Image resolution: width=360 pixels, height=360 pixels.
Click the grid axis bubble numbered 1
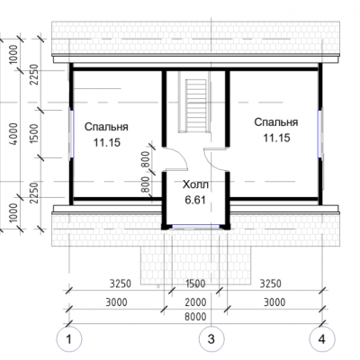[x=69, y=339]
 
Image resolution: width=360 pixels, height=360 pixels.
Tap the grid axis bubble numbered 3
[x=211, y=339]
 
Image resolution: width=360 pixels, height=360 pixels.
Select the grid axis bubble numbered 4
[x=322, y=339]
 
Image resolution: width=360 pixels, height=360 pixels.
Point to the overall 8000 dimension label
[x=195, y=317]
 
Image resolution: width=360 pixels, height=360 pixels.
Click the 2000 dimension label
[x=195, y=302]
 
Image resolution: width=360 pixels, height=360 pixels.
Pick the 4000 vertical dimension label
[x=14, y=134]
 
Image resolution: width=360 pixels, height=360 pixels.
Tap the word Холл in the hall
[x=195, y=184]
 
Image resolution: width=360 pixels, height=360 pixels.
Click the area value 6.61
[x=195, y=200]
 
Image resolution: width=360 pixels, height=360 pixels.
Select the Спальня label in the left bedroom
[x=106, y=127]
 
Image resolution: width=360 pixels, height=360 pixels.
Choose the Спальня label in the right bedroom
[x=276, y=122]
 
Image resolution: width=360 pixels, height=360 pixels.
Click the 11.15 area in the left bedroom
[x=107, y=142]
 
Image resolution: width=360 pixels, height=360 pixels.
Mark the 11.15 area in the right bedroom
[x=276, y=138]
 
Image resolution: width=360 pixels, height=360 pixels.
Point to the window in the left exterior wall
[x=72, y=134]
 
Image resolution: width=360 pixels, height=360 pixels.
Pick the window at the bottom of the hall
[x=195, y=226]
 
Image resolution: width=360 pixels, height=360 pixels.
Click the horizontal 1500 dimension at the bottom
[x=195, y=283]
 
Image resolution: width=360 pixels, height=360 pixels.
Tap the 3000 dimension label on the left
[x=116, y=302]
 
